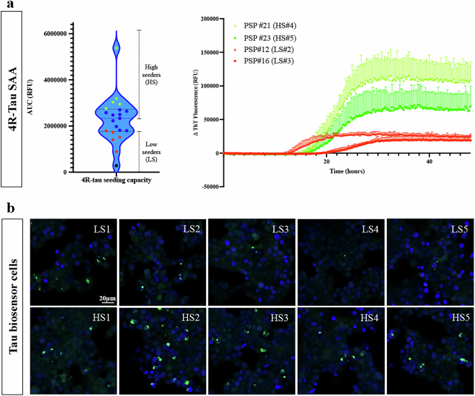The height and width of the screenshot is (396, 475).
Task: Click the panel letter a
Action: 6,6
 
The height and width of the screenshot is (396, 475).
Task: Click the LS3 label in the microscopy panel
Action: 279,229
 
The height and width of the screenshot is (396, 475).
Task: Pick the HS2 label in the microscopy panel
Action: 191,317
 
